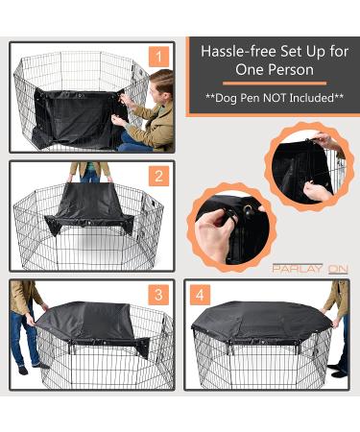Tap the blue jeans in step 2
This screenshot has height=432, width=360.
pyautogui.click(x=90, y=173)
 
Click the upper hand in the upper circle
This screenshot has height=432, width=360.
pyautogui.click(x=325, y=141)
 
